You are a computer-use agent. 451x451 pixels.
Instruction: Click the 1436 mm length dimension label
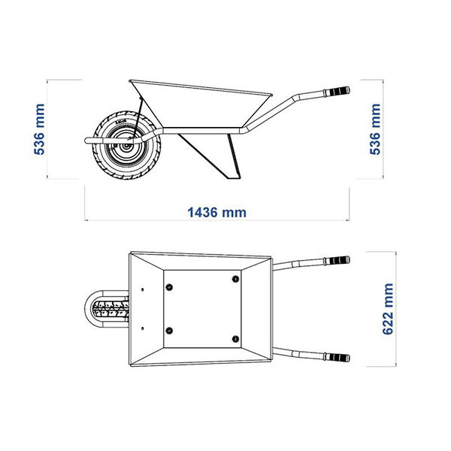point(217,213)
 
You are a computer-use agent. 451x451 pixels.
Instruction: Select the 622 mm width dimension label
point(388,309)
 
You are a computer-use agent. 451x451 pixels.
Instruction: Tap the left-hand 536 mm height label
point(39,129)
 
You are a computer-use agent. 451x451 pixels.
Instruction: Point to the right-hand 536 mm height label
point(375,129)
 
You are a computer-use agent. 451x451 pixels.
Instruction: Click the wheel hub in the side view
point(126,147)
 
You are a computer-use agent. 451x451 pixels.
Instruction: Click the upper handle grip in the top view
point(337,261)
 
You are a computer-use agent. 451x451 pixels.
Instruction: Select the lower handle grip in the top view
point(337,358)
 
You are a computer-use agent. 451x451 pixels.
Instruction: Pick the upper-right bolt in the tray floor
point(235,279)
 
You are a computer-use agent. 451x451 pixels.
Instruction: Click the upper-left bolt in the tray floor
point(169,287)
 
